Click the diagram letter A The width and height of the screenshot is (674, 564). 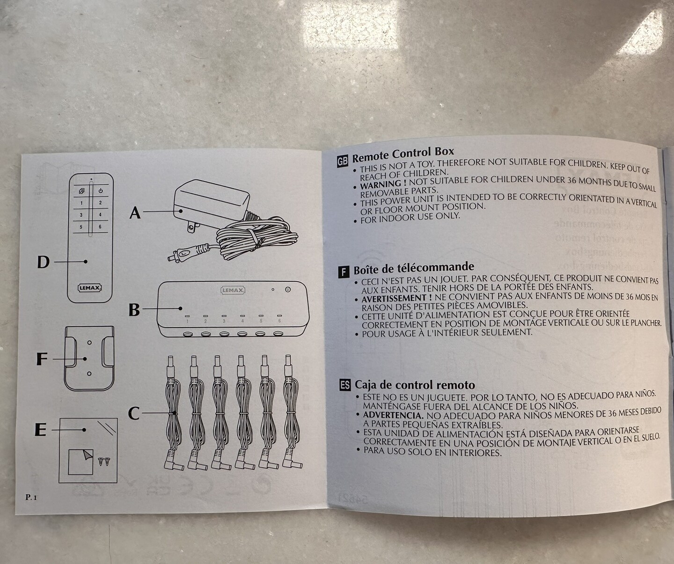(135, 213)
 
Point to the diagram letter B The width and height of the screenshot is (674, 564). (134, 309)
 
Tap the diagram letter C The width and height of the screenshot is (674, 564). (134, 413)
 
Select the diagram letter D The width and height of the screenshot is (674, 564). (43, 262)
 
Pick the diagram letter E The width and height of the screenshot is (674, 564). (41, 430)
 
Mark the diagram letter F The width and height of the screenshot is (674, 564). (42, 359)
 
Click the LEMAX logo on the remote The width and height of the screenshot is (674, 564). (89, 288)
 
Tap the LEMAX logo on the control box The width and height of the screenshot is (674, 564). (233, 290)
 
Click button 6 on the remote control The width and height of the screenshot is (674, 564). (100, 227)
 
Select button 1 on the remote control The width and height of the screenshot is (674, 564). (81, 203)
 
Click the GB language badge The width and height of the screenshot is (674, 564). (343, 161)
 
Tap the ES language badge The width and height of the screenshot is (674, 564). (345, 385)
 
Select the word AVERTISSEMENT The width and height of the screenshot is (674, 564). (394, 298)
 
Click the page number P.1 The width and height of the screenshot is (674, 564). (31, 497)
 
